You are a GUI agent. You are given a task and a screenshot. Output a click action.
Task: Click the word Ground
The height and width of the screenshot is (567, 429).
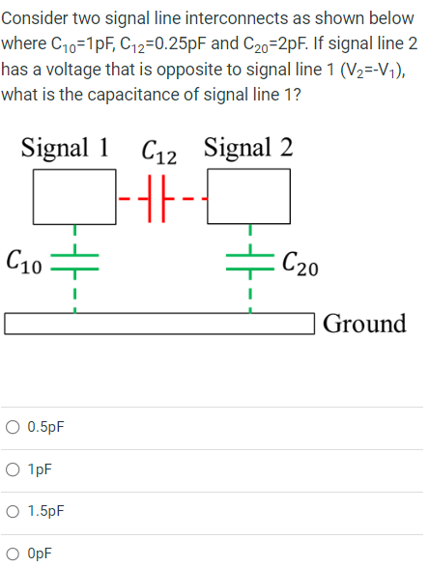click(x=364, y=323)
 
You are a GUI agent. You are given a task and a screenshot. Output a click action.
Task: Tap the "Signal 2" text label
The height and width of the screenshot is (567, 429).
click(x=249, y=148)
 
